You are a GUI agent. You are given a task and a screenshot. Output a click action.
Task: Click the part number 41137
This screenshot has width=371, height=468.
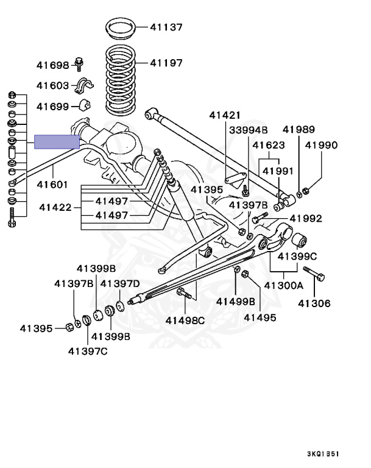click(166, 27)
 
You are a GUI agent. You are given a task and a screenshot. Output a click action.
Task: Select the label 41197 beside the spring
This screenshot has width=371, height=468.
click(166, 63)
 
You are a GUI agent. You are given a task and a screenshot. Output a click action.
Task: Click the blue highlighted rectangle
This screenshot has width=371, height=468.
click(57, 142)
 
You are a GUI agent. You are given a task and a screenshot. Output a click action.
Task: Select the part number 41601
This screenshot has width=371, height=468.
click(52, 184)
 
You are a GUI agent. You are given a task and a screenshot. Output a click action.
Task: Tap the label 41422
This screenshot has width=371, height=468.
click(55, 207)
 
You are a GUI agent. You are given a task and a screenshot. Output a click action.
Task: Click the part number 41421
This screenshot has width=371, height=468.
click(225, 115)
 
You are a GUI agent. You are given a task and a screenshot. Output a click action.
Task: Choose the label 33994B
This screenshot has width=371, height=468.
click(248, 130)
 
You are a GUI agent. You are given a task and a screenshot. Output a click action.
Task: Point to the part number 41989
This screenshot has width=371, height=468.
click(299, 129)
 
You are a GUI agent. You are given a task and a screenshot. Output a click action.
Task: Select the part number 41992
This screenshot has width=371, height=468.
click(306, 218)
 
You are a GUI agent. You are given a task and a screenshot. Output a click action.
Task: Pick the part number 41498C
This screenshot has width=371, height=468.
click(186, 320)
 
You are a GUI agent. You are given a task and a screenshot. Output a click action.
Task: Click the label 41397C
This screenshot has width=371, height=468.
click(88, 350)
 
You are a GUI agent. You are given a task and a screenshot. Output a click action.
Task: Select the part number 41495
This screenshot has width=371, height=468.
click(260, 317)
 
